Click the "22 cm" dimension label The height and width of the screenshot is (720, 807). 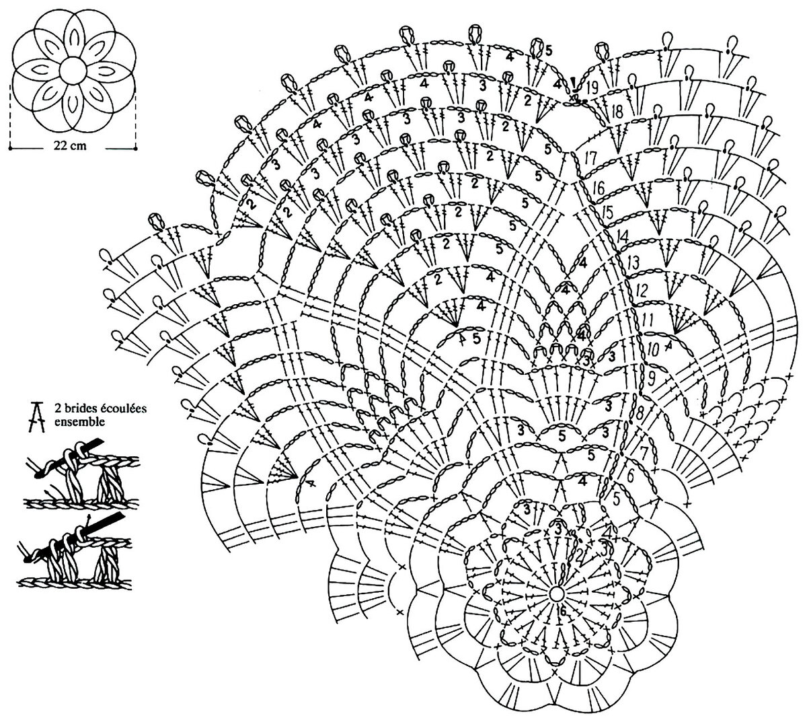click(70, 146)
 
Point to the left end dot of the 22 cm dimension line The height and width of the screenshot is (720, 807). click(10, 149)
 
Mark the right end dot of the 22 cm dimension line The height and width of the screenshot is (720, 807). click(137, 149)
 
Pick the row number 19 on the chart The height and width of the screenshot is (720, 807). click(592, 87)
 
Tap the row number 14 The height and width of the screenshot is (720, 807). click(621, 238)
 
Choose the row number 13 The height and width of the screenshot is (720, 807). click(633, 262)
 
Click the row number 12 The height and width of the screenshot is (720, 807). click(642, 290)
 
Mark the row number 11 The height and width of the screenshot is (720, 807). click(648, 320)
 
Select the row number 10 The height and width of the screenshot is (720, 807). click(653, 349)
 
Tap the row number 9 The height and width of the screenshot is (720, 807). click(651, 378)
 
